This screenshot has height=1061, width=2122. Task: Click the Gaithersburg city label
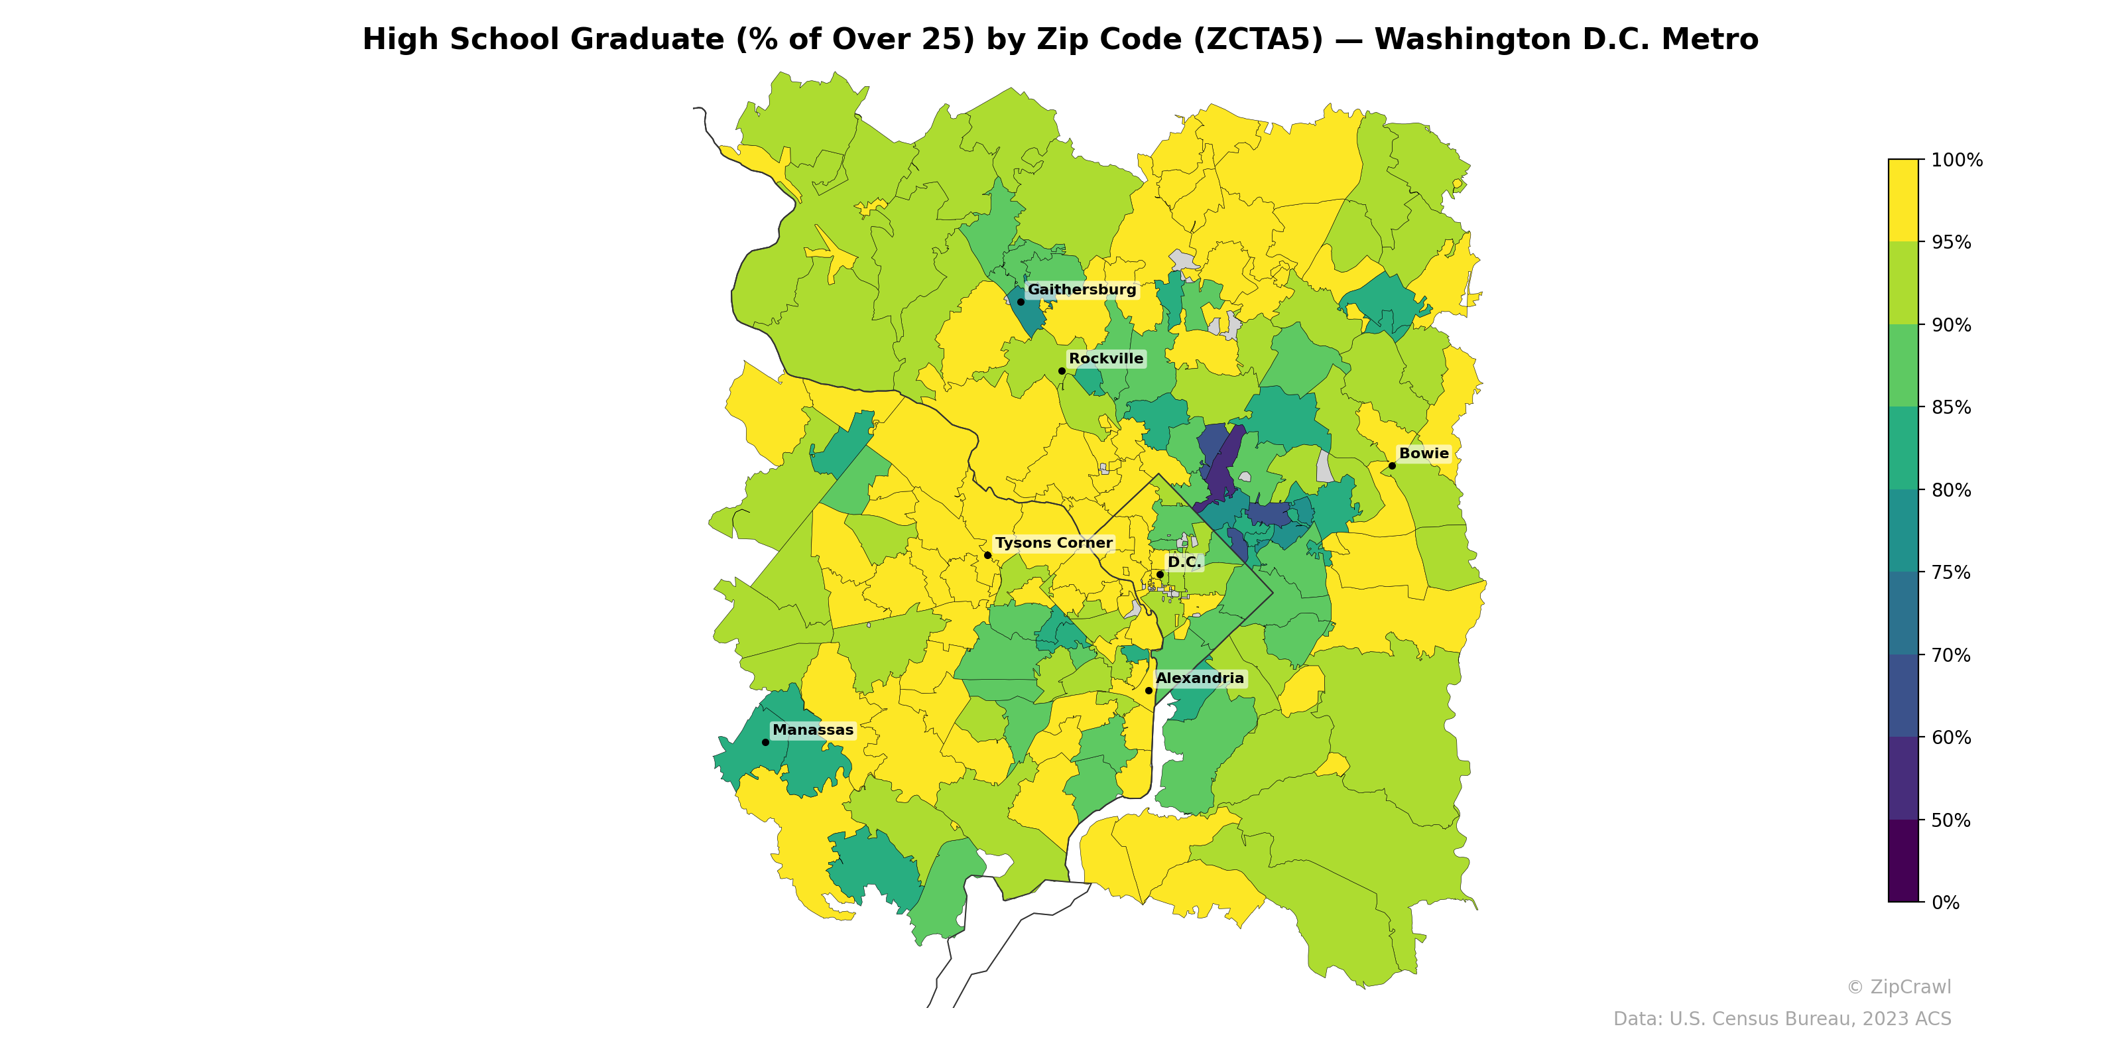(x=1081, y=290)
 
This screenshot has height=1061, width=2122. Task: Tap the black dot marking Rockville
(x=1062, y=371)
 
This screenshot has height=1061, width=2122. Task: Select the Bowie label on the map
(x=1424, y=454)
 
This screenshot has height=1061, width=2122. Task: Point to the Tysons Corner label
(x=1053, y=544)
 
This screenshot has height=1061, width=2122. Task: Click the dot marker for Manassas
(x=765, y=742)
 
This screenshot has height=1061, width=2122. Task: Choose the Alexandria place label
(x=1200, y=679)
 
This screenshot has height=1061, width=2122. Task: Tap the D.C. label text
(x=1184, y=562)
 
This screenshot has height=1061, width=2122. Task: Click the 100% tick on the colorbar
(x=1956, y=160)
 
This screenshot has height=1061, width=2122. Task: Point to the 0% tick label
(x=1945, y=903)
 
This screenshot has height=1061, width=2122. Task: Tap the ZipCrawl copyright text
(x=1898, y=987)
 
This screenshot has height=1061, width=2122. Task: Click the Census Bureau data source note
(x=1781, y=1019)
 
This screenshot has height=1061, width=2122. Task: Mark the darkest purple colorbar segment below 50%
(x=1903, y=861)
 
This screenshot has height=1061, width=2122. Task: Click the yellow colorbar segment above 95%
(x=1903, y=200)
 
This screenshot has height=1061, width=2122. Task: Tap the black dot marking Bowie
(x=1392, y=466)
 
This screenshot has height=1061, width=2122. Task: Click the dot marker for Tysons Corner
(x=987, y=555)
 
